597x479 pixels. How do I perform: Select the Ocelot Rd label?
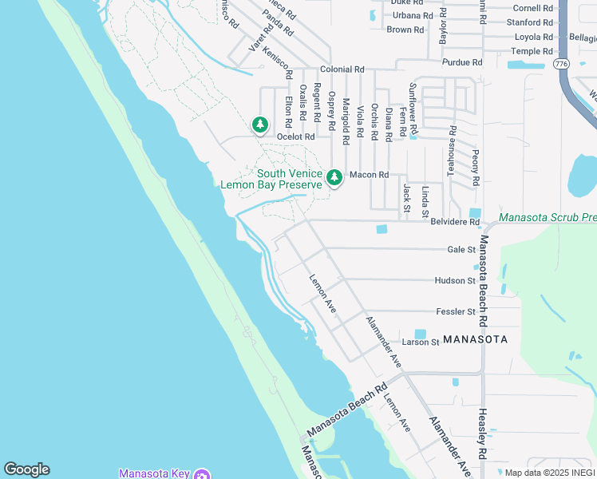click(x=296, y=137)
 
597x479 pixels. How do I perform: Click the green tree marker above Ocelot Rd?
click(x=259, y=125)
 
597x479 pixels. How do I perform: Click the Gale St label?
click(x=461, y=250)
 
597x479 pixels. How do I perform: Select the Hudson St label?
click(x=455, y=281)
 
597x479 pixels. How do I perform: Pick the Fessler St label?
click(x=456, y=311)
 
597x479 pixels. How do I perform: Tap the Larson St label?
click(x=421, y=342)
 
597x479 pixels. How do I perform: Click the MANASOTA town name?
click(x=475, y=339)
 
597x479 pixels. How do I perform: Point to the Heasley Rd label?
click(x=481, y=433)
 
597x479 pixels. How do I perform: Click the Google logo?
click(x=26, y=469)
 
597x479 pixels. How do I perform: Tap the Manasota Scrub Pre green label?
click(x=548, y=217)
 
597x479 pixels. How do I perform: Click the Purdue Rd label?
click(x=463, y=62)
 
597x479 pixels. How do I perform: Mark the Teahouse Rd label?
click(x=452, y=151)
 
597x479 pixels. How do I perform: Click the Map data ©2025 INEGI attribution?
click(x=549, y=473)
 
